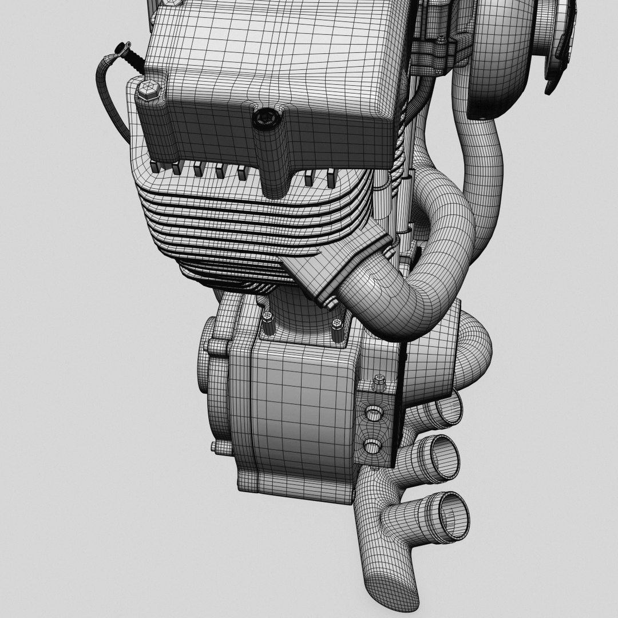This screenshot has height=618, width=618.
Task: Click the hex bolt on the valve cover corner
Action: (146, 92)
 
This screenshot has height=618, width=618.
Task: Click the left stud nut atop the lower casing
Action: (268, 324)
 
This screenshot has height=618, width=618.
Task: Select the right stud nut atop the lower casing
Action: (337, 330)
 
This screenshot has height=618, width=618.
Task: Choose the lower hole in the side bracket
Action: (371, 445)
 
